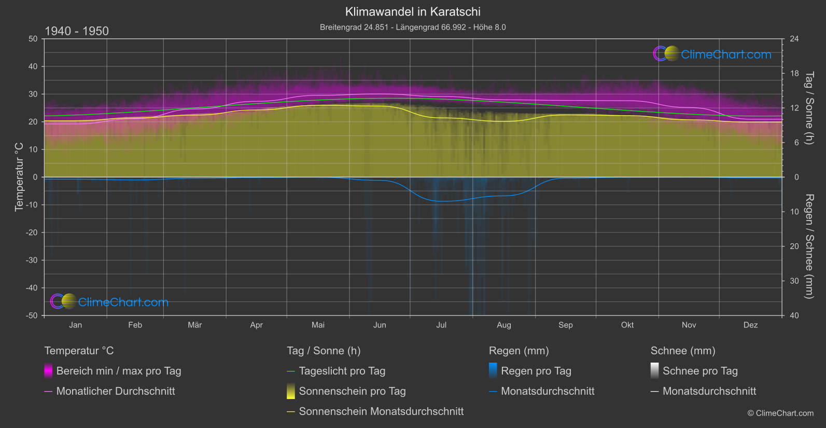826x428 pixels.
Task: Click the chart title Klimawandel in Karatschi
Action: click(x=413, y=11)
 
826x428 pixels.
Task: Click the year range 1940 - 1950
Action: click(x=77, y=31)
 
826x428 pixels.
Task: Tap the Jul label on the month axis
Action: click(x=441, y=325)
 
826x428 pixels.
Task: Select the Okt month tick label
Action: click(x=627, y=325)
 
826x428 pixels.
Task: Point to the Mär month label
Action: click(x=194, y=325)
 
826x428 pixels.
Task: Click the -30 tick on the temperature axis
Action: click(x=32, y=260)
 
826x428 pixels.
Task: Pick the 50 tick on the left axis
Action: click(x=33, y=39)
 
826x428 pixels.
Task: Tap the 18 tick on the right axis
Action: click(x=794, y=74)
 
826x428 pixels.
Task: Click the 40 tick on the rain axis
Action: click(x=794, y=315)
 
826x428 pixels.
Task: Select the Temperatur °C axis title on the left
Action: click(x=19, y=177)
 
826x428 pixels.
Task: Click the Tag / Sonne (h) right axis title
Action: click(x=808, y=108)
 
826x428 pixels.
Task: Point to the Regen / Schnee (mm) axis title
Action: click(x=808, y=246)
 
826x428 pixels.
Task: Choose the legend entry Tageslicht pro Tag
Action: click(x=342, y=371)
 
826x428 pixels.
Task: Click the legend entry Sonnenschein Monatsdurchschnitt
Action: click(x=381, y=411)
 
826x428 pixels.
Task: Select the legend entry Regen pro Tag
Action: click(x=536, y=371)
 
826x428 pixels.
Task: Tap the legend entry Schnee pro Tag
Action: click(x=700, y=371)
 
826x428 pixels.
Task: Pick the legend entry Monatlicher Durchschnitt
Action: click(x=116, y=391)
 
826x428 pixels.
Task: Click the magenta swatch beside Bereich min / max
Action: click(x=48, y=371)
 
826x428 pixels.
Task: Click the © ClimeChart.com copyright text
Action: click(x=780, y=413)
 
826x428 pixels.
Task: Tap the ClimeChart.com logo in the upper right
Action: click(x=712, y=54)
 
